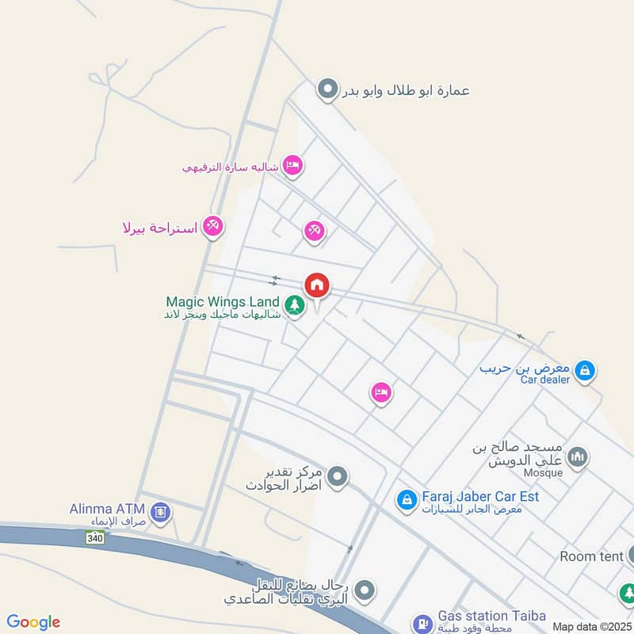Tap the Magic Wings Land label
tap(223, 302)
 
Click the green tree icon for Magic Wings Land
tap(295, 305)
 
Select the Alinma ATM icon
tap(161, 513)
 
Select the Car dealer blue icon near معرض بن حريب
tap(585, 369)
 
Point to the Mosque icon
tap(579, 456)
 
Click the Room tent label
tap(591, 556)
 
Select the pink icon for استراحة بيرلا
tap(212, 227)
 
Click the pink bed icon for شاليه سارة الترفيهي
tap(292, 165)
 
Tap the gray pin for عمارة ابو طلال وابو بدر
tap(327, 90)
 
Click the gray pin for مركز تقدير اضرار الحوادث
tap(338, 477)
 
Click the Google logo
tap(33, 622)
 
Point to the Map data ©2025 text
tap(591, 627)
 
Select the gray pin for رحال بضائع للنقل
tap(365, 590)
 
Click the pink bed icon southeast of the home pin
tap(381, 392)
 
